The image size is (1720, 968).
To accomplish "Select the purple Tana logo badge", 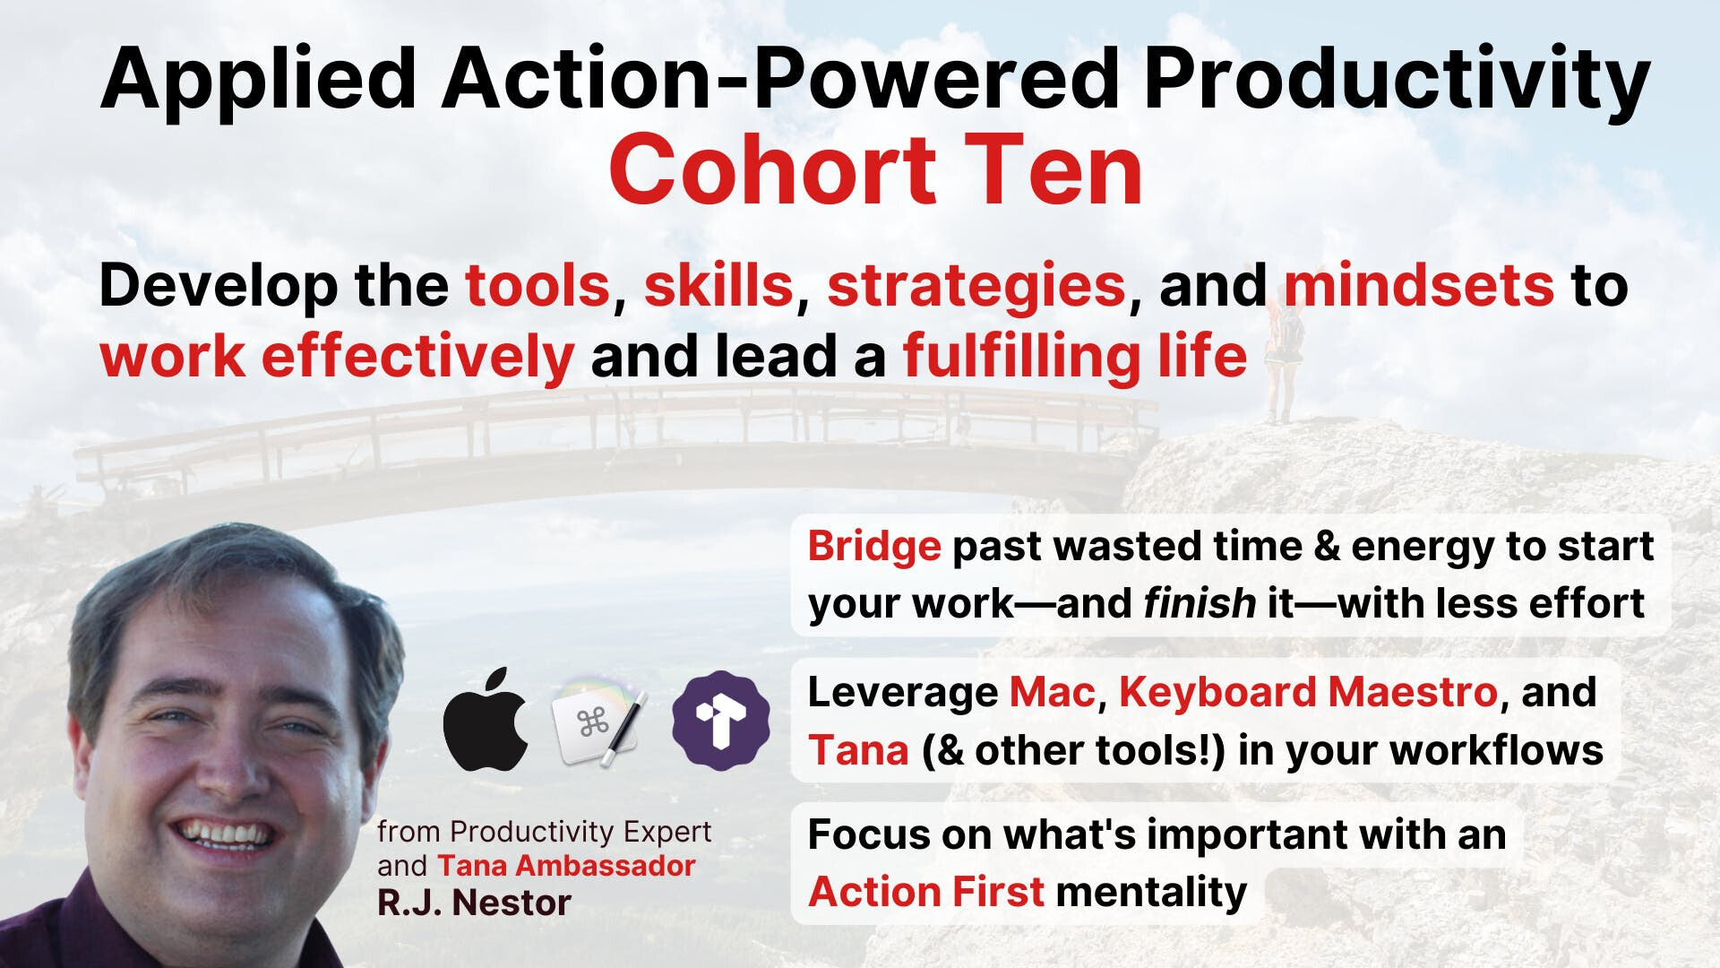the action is (x=720, y=720).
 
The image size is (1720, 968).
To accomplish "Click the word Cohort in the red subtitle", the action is (x=772, y=170).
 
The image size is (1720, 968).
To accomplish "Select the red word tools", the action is (x=537, y=286).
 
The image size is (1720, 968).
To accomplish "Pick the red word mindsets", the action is (x=1419, y=286).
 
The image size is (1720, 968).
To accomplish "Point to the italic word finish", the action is (x=1200, y=603).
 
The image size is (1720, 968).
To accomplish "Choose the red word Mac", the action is (x=1053, y=693).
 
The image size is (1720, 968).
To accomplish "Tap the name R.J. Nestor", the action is (x=474, y=903).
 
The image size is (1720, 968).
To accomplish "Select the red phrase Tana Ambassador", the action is (x=566, y=866).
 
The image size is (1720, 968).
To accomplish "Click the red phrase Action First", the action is (x=926, y=892).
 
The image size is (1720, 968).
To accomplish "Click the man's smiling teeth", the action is (x=224, y=833).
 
